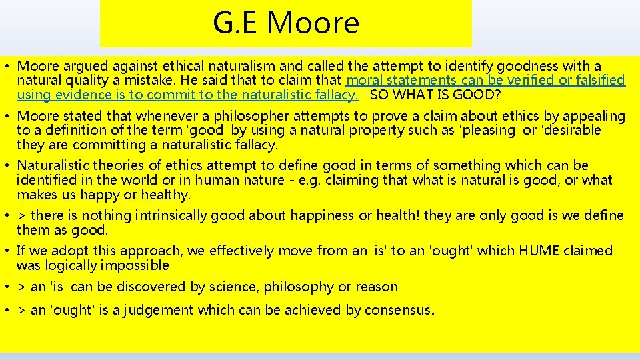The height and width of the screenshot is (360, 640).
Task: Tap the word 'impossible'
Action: coord(137,265)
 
